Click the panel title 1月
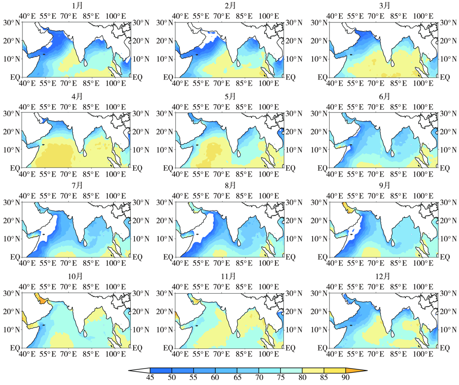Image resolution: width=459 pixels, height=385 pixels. pyautogui.click(x=77, y=6)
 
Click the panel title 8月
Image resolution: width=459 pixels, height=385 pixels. pyautogui.click(x=231, y=185)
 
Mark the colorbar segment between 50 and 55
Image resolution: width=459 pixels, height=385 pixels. pyautogui.click(x=182, y=370)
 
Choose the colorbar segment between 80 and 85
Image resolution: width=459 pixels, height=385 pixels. pyautogui.click(x=313, y=370)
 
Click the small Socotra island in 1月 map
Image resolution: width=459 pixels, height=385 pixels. pyautogui.click(x=44, y=55)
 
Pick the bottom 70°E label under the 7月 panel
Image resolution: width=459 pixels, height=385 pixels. pyautogui.click(x=68, y=263)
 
